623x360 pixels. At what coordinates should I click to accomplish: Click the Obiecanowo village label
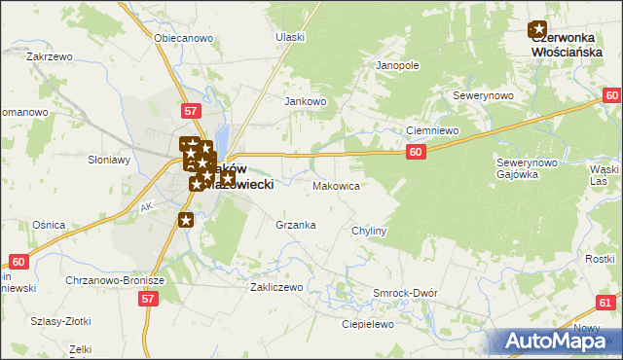[184, 38]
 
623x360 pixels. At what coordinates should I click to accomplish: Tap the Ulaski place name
[290, 37]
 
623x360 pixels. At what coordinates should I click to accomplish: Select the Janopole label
[397, 66]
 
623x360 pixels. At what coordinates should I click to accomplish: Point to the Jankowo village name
[305, 101]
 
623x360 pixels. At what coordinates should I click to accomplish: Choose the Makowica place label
[337, 185]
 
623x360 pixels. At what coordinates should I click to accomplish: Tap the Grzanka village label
[296, 225]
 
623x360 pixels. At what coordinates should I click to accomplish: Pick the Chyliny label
[370, 231]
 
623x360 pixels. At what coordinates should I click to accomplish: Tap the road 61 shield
[605, 304]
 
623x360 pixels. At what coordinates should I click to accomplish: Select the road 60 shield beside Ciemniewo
[416, 152]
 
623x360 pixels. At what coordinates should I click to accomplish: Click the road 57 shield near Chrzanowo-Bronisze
[148, 300]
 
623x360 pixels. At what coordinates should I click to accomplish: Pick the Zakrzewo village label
[51, 56]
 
